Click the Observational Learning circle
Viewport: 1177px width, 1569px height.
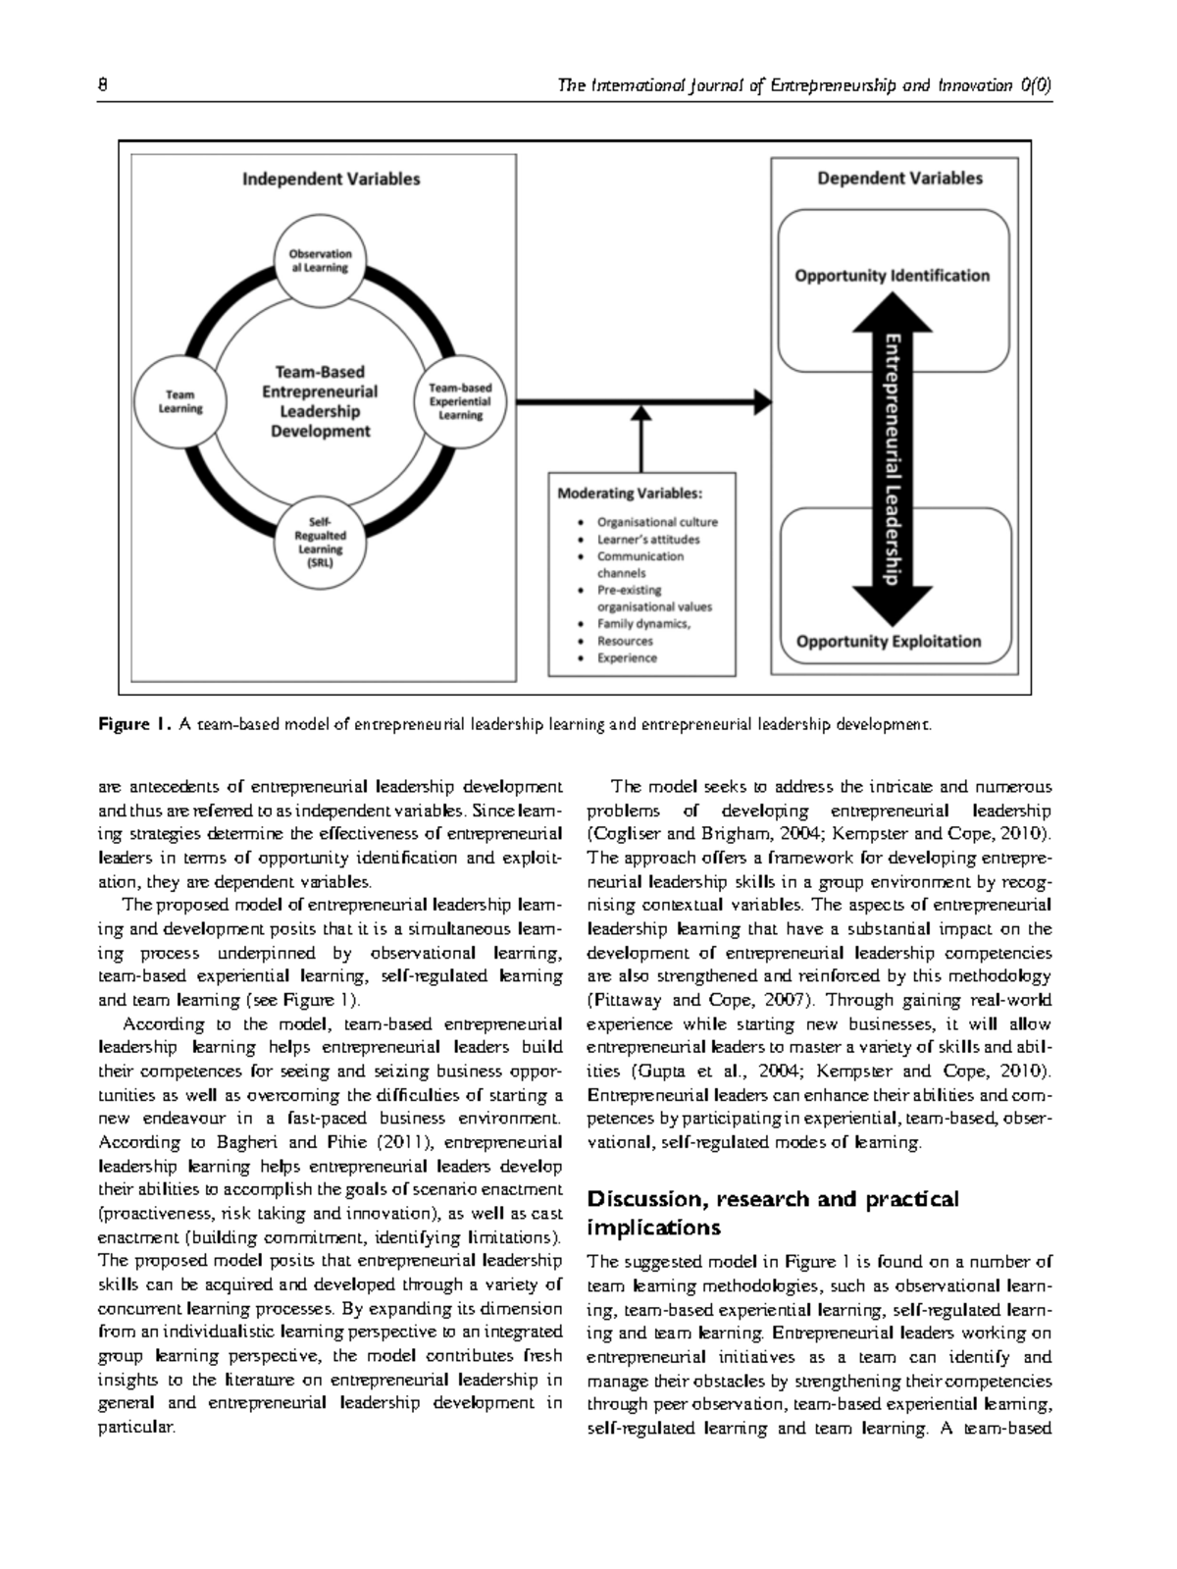tap(320, 260)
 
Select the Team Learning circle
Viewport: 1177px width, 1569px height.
tap(180, 401)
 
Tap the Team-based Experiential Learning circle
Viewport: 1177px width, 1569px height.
tap(460, 401)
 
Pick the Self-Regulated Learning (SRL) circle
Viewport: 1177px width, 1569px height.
tap(320, 543)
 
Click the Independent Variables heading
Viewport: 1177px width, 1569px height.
tap(332, 179)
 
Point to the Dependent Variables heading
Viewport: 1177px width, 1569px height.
tap(899, 179)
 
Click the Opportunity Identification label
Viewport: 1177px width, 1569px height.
tap(892, 276)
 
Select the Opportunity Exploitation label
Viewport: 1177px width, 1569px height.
tap(889, 642)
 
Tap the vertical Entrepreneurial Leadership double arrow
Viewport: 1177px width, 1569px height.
tap(892, 459)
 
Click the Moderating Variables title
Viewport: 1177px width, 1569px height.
tap(630, 494)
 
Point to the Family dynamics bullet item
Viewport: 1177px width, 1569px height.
tap(643, 624)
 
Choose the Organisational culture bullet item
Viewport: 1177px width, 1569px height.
tap(657, 522)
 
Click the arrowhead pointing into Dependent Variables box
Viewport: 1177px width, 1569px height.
tap(762, 401)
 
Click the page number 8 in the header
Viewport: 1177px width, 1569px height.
tap(102, 85)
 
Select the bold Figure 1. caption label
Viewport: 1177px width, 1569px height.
tap(135, 725)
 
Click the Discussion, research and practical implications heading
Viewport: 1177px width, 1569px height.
tap(772, 1213)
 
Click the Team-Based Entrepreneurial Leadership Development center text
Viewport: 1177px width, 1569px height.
tap(320, 401)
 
